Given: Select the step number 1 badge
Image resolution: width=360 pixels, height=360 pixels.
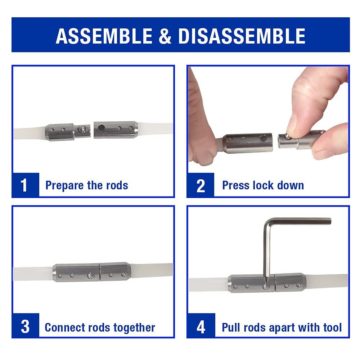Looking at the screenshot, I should [24, 185].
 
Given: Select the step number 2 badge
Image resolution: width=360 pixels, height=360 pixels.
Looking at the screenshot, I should [201, 185].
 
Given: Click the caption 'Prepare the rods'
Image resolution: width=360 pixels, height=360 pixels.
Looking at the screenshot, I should [86, 185].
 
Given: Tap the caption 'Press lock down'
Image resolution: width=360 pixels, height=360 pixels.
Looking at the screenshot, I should [263, 185].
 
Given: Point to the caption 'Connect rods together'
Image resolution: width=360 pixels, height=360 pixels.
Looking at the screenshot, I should [100, 328].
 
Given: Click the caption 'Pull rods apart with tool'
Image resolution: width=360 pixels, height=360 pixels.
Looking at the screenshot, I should [282, 328].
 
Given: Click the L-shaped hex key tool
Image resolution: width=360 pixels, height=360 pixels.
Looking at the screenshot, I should [274, 230].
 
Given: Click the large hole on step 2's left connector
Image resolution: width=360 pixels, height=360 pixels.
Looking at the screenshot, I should [265, 138].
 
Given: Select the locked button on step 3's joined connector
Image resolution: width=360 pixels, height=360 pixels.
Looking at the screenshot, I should [90, 275].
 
